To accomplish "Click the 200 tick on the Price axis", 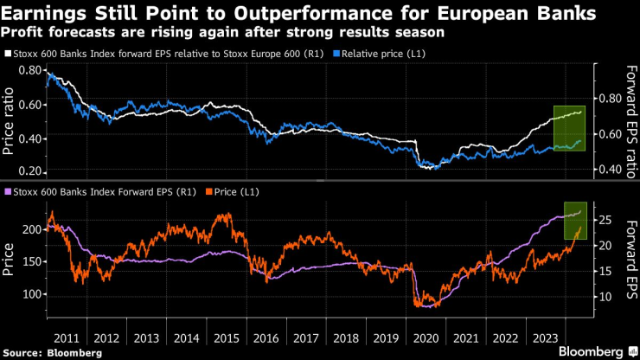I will click(x=29, y=229).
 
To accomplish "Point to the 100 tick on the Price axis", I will click(x=29, y=294).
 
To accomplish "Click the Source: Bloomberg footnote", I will click(x=51, y=353).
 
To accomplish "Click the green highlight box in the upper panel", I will click(x=570, y=128).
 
